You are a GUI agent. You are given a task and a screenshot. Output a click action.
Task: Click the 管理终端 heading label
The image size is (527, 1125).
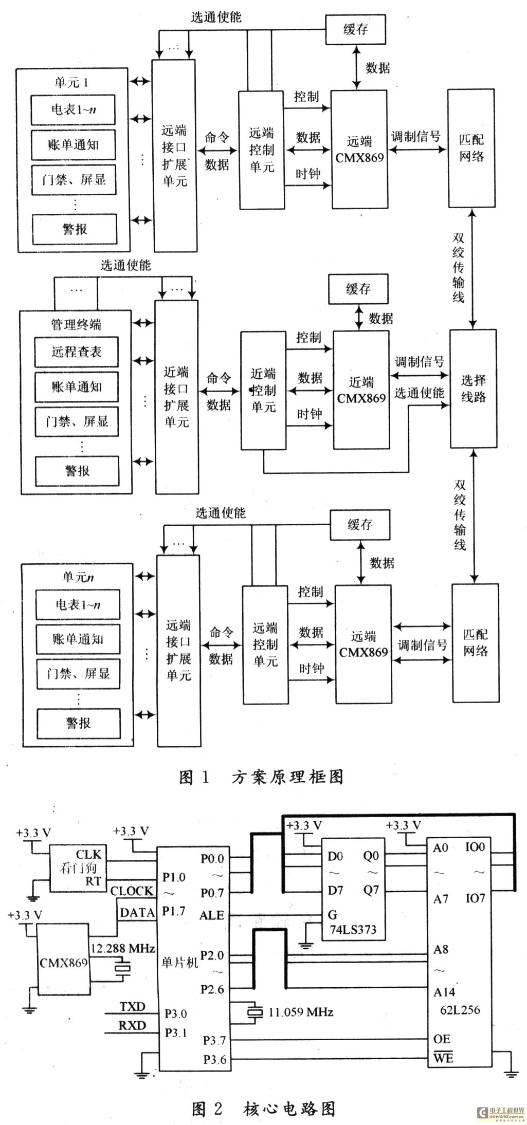coord(76,324)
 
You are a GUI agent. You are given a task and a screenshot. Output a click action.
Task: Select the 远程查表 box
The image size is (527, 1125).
coord(76,352)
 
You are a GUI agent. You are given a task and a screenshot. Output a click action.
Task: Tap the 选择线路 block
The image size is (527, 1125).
coord(474,389)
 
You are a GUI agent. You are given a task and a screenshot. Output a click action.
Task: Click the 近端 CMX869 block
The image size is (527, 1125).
coord(361,390)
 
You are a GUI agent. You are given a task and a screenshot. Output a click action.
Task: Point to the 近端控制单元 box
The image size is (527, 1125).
coord(263,390)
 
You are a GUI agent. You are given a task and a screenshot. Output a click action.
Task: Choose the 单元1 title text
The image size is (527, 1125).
coord(71,82)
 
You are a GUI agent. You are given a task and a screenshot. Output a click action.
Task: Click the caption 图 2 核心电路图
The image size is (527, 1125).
coord(263,1109)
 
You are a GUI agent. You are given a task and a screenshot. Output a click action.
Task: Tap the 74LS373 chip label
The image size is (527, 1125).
coord(353,929)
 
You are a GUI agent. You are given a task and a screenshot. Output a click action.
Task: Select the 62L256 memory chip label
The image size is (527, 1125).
coord(460,1010)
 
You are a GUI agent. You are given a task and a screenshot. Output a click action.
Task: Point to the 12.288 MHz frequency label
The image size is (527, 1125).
coord(123,948)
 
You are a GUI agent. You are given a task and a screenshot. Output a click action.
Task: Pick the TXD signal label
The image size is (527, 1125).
coord(132,1006)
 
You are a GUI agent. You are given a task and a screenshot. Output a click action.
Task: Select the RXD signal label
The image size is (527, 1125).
coord(132,1025)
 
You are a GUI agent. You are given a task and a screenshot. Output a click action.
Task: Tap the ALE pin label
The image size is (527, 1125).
coord(212,915)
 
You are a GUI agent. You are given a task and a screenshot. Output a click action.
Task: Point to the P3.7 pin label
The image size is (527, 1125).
coord(214,1040)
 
